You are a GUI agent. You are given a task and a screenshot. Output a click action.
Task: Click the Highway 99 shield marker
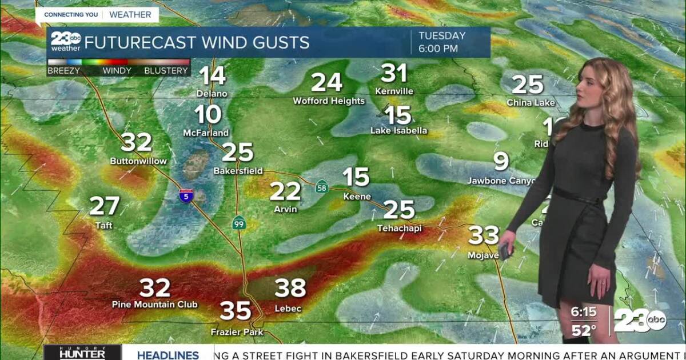click(x=239, y=223)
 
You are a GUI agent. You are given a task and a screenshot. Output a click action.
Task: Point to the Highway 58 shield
click(x=322, y=186)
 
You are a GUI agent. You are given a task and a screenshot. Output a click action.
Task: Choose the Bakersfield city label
click(x=238, y=170)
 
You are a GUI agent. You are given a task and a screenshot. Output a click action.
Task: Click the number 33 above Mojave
click(x=484, y=235)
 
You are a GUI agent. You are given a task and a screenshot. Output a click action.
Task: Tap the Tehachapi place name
click(x=399, y=228)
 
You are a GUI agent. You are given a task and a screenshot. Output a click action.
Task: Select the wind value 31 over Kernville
click(x=394, y=73)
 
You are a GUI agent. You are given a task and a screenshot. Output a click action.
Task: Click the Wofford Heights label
click(x=329, y=101)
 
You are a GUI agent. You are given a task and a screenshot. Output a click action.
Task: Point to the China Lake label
click(x=531, y=103)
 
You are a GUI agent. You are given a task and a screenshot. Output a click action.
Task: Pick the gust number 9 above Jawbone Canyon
click(x=501, y=162)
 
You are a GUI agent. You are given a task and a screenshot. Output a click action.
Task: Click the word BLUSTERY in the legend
click(x=166, y=71)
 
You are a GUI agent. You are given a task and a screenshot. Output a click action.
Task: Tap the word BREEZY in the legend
click(x=63, y=71)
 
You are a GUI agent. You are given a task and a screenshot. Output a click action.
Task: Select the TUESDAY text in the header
click(x=442, y=36)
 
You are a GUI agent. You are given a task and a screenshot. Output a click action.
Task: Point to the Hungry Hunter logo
click(x=82, y=353)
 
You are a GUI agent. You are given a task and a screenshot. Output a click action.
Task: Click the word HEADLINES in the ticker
click(x=167, y=355)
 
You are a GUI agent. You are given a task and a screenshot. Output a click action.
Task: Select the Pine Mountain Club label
click(x=154, y=305)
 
